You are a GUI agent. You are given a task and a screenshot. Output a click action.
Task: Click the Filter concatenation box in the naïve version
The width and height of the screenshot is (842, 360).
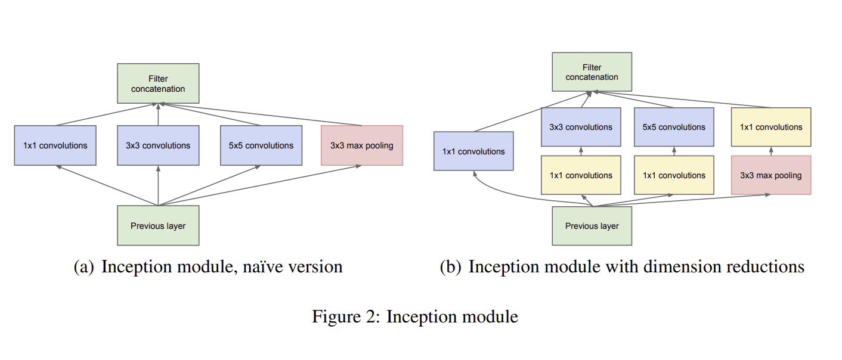[x=158, y=83]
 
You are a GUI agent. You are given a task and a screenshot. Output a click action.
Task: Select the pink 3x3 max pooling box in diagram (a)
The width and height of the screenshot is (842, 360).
[x=361, y=145]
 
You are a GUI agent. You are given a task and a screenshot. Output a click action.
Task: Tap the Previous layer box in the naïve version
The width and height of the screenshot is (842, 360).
[x=158, y=226]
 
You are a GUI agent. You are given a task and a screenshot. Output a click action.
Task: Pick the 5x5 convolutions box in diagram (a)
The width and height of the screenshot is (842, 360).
[x=261, y=145]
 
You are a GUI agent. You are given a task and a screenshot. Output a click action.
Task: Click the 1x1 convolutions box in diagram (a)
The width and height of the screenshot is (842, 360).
[x=55, y=145]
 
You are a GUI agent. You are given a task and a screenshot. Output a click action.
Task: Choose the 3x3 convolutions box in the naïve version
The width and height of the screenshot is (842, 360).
[x=158, y=145]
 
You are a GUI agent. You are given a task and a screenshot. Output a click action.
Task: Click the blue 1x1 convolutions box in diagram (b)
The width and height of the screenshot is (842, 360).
[x=473, y=151]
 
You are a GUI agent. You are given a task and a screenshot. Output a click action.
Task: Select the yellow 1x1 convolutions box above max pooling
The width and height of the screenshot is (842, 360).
[x=770, y=127]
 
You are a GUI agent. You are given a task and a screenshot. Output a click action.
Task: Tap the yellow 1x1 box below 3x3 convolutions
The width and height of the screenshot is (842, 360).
[x=580, y=175]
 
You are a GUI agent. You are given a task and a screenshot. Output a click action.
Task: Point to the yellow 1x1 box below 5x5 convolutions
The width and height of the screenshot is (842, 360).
[x=673, y=175]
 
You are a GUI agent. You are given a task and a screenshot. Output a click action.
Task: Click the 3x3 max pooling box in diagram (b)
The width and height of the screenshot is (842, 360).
[x=770, y=175]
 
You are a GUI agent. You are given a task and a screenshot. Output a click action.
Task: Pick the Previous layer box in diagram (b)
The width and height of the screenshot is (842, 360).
[x=592, y=226]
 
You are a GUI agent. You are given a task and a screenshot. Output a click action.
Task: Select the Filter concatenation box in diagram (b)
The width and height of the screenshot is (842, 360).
[x=592, y=72]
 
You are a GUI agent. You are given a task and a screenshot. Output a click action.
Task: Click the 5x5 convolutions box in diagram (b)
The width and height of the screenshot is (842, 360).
[x=673, y=127]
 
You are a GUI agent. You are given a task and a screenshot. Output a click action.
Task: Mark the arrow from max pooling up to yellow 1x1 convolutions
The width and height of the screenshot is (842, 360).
[x=770, y=151]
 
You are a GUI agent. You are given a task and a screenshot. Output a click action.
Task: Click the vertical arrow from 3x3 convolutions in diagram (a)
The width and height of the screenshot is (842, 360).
[x=158, y=114]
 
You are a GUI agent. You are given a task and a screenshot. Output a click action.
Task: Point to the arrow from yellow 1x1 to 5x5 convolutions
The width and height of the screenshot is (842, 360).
[x=673, y=151]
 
